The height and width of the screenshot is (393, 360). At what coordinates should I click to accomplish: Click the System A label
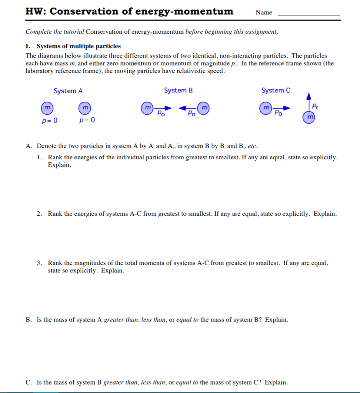click(x=68, y=91)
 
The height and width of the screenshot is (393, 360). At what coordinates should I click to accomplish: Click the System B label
click(x=178, y=91)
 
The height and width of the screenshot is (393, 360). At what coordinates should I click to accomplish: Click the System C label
click(x=276, y=91)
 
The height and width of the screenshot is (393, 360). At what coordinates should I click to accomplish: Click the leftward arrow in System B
click(x=187, y=108)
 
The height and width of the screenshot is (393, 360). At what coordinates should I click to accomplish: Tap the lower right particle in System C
click(x=309, y=117)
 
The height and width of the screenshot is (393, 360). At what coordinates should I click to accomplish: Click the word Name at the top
click(x=264, y=13)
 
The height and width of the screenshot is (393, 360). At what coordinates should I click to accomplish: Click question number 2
click(x=40, y=214)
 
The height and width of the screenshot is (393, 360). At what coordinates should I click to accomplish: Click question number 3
click(x=40, y=263)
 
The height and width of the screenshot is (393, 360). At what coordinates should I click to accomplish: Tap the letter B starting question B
click(x=28, y=320)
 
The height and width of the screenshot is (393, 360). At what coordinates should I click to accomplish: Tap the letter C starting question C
click(x=28, y=382)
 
